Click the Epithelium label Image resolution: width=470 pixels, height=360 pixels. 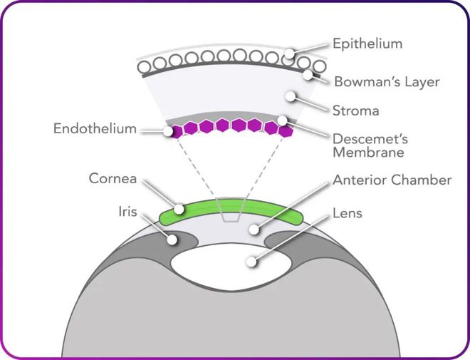[367, 43]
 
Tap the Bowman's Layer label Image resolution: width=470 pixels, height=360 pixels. [387, 82]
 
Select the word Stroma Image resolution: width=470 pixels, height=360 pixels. [356, 110]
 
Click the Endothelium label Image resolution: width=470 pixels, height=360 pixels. [95, 129]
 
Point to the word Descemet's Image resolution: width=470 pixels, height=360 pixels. [370, 139]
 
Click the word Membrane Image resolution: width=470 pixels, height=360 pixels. [368, 153]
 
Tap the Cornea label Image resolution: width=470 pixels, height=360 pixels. [113, 178]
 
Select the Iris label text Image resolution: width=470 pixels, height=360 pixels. [127, 212]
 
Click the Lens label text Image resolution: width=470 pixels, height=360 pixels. [348, 213]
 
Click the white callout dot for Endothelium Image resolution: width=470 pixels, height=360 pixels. [168, 131]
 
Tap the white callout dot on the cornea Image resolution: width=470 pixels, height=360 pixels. [179, 209]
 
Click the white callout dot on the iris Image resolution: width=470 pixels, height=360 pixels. [172, 240]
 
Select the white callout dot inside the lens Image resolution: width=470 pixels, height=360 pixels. [251, 262]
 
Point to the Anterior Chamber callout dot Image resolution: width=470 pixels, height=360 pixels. [254, 230]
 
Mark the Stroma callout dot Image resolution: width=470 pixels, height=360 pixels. [290, 96]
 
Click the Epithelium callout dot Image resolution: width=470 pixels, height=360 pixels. [289, 53]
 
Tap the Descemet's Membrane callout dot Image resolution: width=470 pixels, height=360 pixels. [282, 120]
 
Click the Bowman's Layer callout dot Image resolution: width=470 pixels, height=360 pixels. [308, 75]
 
